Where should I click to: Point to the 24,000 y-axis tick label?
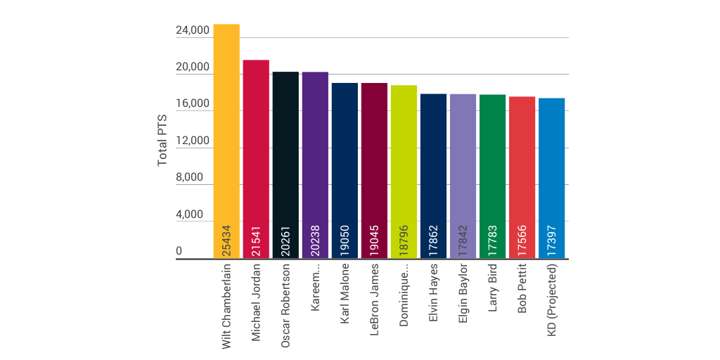pos(192,30)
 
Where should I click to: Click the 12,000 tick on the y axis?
pos(192,141)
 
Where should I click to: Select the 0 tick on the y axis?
pos(179,251)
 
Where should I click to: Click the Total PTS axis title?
pos(162,141)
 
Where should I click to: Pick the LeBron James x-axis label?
pos(375,298)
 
